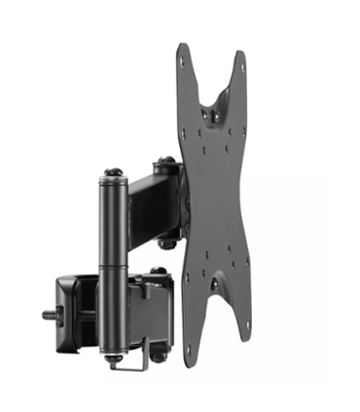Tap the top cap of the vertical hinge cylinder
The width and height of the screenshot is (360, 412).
(113, 173)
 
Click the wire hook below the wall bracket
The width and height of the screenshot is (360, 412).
(131, 362)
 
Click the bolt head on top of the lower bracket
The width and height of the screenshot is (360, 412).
(158, 271)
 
